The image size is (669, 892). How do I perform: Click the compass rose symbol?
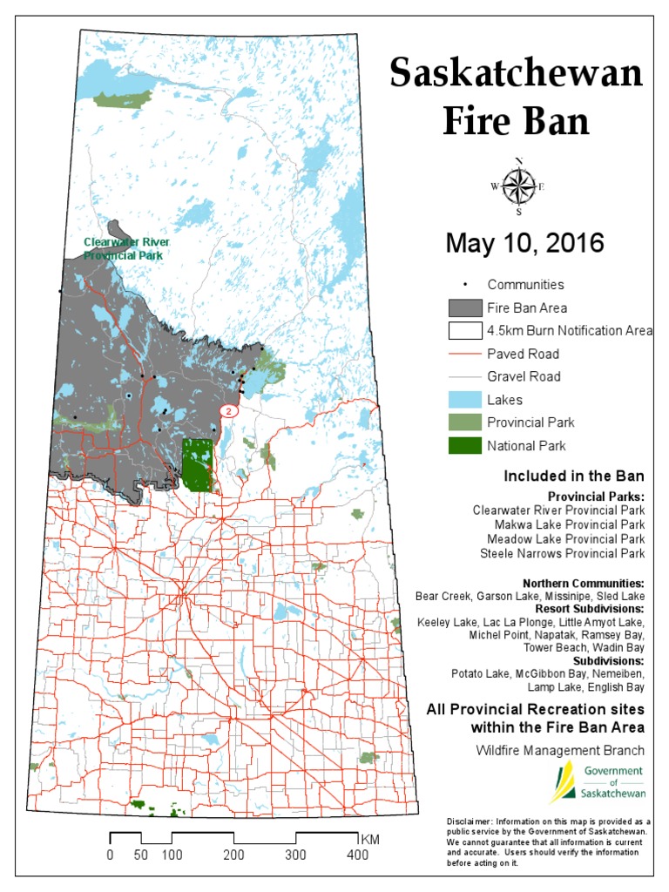pyautogui.click(x=518, y=186)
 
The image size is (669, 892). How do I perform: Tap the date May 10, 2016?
pyautogui.click(x=524, y=243)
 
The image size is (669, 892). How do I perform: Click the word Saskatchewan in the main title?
pyautogui.click(x=517, y=73)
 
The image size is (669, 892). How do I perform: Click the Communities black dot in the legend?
pyautogui.click(x=465, y=285)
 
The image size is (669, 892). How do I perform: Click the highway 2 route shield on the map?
pyautogui.click(x=228, y=409)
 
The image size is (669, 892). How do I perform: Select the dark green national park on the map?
pyautogui.click(x=198, y=465)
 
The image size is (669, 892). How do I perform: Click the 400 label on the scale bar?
pyautogui.click(x=357, y=855)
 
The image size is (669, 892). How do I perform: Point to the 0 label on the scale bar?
pyautogui.click(x=110, y=855)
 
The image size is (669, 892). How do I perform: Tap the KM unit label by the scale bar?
pyautogui.click(x=369, y=838)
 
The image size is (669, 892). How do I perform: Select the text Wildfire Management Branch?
pyautogui.click(x=560, y=750)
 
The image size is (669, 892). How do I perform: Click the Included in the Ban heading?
pyautogui.click(x=573, y=476)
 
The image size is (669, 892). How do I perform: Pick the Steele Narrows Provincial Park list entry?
pyautogui.click(x=562, y=553)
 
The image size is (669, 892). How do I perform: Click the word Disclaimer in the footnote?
pyautogui.click(x=470, y=821)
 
